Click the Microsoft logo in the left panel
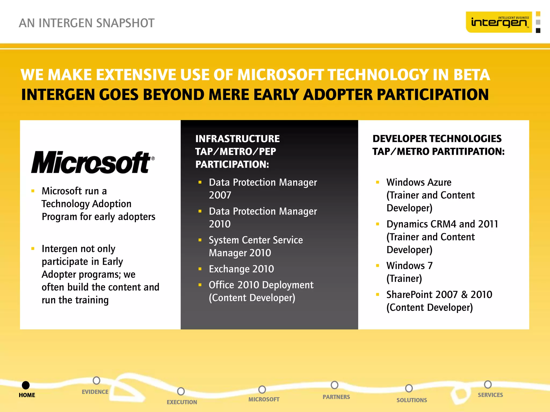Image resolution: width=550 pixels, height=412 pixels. pyautogui.click(x=93, y=162)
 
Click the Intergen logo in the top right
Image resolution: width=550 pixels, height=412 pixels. pyautogui.click(x=499, y=22)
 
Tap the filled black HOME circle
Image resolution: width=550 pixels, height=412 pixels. pyautogui.click(x=26, y=385)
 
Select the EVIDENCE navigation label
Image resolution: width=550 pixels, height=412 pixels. pyautogui.click(x=95, y=392)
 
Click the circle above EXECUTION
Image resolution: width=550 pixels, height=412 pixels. pyautogui.click(x=181, y=391)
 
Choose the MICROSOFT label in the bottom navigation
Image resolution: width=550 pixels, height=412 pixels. pyautogui.click(x=264, y=399)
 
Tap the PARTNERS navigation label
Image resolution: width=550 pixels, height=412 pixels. pyautogui.click(x=336, y=397)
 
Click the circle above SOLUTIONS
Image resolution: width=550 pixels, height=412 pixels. pyautogui.click(x=409, y=388)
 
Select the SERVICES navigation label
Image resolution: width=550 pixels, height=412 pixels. pyautogui.click(x=490, y=395)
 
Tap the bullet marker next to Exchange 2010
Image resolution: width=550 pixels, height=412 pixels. pyautogui.click(x=200, y=269)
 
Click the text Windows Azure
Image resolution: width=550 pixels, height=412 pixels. pyautogui.click(x=419, y=182)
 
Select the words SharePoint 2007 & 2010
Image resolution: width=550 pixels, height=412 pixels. pyautogui.click(x=439, y=295)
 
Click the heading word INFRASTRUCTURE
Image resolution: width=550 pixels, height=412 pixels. pyautogui.click(x=237, y=139)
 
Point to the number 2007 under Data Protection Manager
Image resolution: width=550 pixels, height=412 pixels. pyautogui.click(x=220, y=195)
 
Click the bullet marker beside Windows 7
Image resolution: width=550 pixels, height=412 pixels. pyautogui.click(x=378, y=266)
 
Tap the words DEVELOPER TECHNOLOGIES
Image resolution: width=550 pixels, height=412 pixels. pyautogui.click(x=437, y=139)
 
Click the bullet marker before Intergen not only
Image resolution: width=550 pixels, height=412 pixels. pyautogui.click(x=33, y=249)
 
